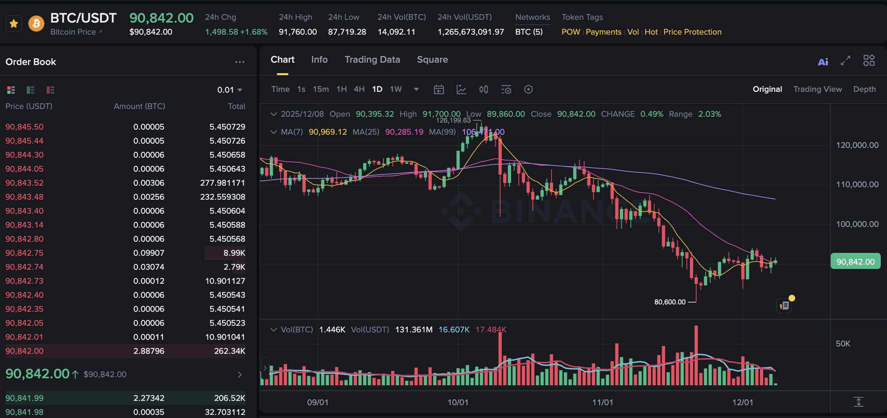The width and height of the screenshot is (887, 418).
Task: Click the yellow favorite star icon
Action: click(x=14, y=24)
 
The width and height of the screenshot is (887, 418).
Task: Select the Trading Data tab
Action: click(x=372, y=60)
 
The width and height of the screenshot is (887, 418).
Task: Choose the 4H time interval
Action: click(x=359, y=89)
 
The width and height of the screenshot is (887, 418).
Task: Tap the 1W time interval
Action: click(x=396, y=89)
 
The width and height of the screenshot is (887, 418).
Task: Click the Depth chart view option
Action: click(x=864, y=89)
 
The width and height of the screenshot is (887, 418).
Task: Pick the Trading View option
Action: click(x=817, y=89)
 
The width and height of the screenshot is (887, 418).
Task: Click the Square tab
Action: click(x=432, y=60)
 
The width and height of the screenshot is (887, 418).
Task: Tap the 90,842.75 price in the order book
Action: click(x=25, y=253)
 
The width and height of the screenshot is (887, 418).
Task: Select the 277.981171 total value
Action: click(x=223, y=183)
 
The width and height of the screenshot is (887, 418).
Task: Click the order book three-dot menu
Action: click(x=240, y=62)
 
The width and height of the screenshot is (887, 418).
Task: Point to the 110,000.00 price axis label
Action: click(x=857, y=184)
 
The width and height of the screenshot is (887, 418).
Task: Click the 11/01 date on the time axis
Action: click(x=602, y=402)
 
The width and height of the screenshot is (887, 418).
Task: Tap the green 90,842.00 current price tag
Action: click(x=855, y=262)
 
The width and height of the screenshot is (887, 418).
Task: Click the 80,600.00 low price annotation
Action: click(x=670, y=302)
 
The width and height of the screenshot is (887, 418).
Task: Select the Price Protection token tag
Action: click(x=692, y=32)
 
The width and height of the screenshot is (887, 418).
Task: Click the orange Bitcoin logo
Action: click(x=36, y=24)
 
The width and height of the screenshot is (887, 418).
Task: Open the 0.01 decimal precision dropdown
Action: click(x=230, y=90)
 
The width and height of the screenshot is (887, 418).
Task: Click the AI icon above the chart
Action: click(x=823, y=61)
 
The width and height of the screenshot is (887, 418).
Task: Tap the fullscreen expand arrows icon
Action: click(x=845, y=61)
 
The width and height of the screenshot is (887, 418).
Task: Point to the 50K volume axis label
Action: click(x=843, y=344)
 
